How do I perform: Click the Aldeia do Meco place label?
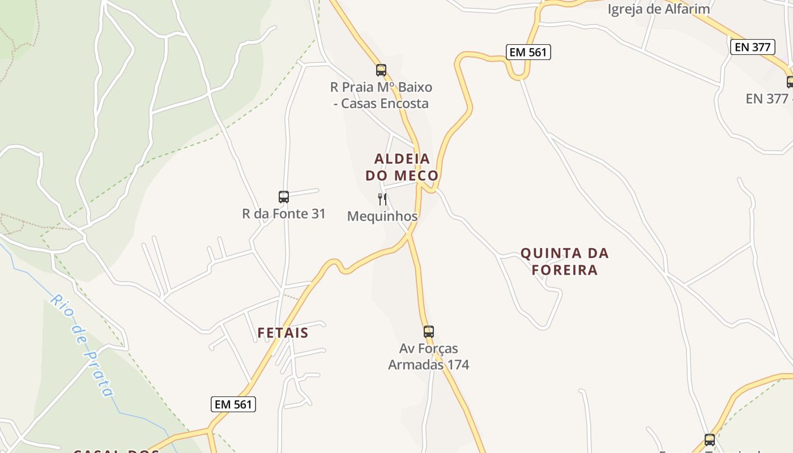pyautogui.click(x=402, y=167)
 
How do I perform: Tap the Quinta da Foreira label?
pyautogui.click(x=564, y=261)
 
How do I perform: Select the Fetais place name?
pyautogui.click(x=283, y=333)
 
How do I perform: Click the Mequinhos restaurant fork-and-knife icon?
pyautogui.click(x=382, y=199)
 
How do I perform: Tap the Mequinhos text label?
pyautogui.click(x=382, y=216)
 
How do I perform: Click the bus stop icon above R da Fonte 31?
pyautogui.click(x=284, y=197)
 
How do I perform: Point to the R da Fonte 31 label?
pyautogui.click(x=284, y=214)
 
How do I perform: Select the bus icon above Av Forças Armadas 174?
pyautogui.click(x=429, y=332)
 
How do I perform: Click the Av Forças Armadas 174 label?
pyautogui.click(x=429, y=356)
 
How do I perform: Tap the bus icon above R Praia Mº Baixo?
pyautogui.click(x=381, y=70)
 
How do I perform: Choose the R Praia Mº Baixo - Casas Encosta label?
pyautogui.click(x=381, y=95)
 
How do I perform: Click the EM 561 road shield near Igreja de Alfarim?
pyautogui.click(x=528, y=53)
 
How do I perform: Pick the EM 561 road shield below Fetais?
pyautogui.click(x=233, y=404)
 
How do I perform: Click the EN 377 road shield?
pyautogui.click(x=752, y=47)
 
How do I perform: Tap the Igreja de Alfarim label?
pyautogui.click(x=658, y=9)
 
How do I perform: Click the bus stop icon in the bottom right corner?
pyautogui.click(x=709, y=440)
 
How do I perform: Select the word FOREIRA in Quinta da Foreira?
pyautogui.click(x=565, y=270)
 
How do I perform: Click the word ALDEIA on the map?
pyautogui.click(x=402, y=159)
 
